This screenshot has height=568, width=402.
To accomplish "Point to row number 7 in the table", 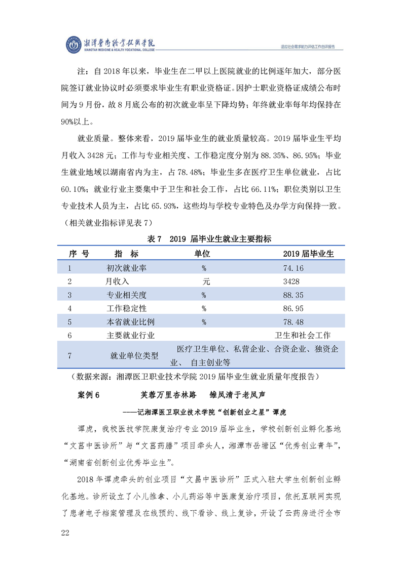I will coord(69,355).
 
